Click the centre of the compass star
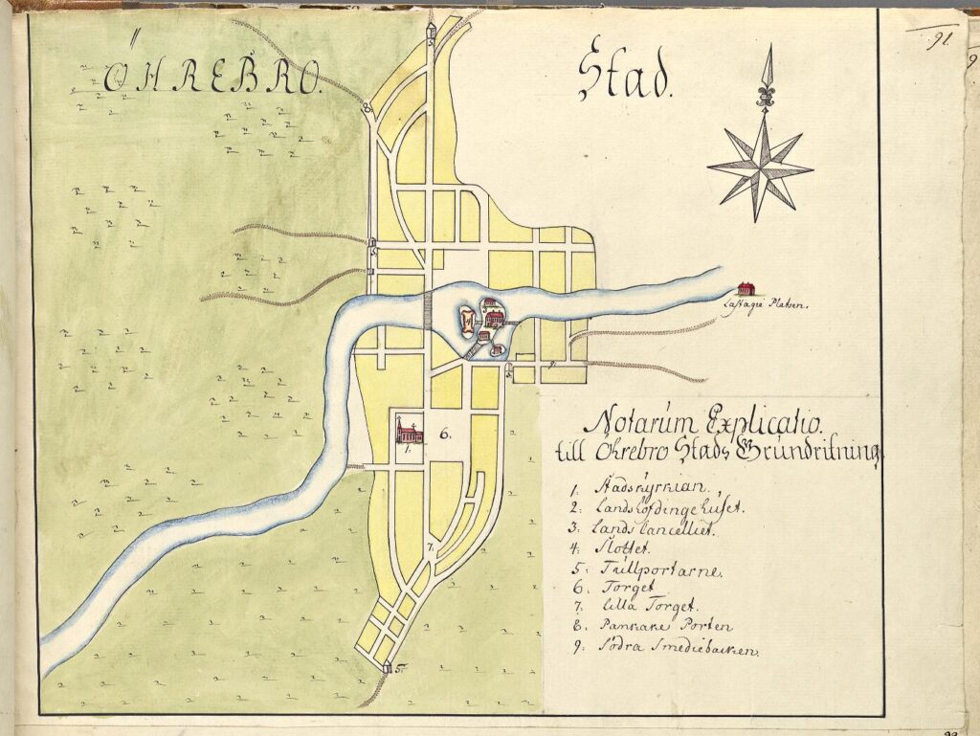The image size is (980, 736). pyautogui.click(x=762, y=168)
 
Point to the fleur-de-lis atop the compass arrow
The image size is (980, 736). pyautogui.click(x=765, y=94)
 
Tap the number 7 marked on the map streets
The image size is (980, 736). pyautogui.click(x=432, y=547)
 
